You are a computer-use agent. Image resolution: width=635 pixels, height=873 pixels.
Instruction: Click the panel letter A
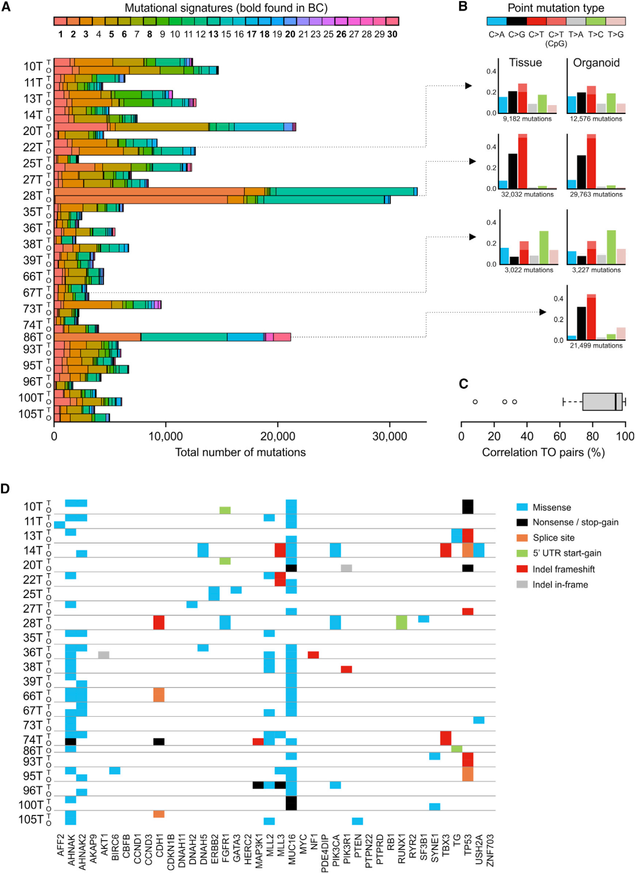[x=6, y=7]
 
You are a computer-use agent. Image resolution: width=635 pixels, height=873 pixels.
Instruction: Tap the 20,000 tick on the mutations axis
[x=278, y=436]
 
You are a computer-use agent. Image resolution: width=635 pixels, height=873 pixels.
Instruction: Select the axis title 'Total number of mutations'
[x=240, y=452]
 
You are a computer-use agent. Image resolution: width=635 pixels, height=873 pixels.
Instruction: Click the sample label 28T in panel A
[x=33, y=196]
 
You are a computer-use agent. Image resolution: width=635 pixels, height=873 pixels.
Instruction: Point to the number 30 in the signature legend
[x=392, y=35]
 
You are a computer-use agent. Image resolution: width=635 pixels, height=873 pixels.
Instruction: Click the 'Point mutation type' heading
[x=556, y=8]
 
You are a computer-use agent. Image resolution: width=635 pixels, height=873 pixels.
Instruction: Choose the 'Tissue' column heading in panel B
[x=525, y=63]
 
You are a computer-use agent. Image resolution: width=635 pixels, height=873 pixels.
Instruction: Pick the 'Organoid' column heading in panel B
[x=596, y=63]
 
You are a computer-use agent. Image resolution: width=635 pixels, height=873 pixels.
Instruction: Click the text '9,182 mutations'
[x=527, y=119]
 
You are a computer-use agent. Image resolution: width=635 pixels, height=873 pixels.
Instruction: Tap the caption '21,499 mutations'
[x=596, y=345]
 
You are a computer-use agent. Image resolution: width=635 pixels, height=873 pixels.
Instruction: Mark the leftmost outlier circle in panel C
[x=475, y=402]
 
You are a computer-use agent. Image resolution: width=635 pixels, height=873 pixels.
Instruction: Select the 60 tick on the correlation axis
[x=560, y=436]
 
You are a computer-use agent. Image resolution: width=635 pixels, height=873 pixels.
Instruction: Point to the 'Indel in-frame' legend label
[x=560, y=585]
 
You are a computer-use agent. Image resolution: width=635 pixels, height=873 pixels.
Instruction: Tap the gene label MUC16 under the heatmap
[x=292, y=849]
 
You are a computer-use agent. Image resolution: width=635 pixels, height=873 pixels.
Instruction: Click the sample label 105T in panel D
[x=31, y=820]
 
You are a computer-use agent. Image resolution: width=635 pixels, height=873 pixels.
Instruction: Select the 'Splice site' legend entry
[x=553, y=538]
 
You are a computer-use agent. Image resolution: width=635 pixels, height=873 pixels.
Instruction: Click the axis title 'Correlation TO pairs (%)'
[x=543, y=452]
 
